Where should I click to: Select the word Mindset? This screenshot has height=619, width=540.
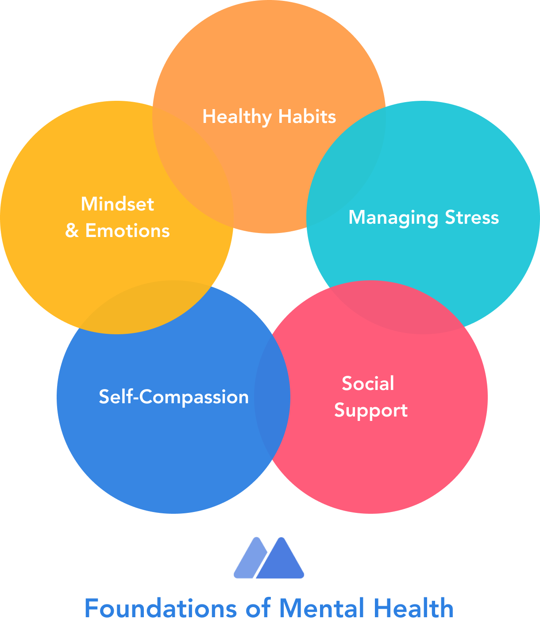117,204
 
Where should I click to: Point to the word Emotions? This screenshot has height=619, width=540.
127,231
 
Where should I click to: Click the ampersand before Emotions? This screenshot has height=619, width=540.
72,231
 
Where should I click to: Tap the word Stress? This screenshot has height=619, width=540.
472,218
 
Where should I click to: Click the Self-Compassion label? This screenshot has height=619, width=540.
174,397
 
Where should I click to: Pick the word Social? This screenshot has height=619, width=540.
368,383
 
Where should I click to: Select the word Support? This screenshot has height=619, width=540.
371,410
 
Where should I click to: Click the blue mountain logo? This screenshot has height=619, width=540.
269,558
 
